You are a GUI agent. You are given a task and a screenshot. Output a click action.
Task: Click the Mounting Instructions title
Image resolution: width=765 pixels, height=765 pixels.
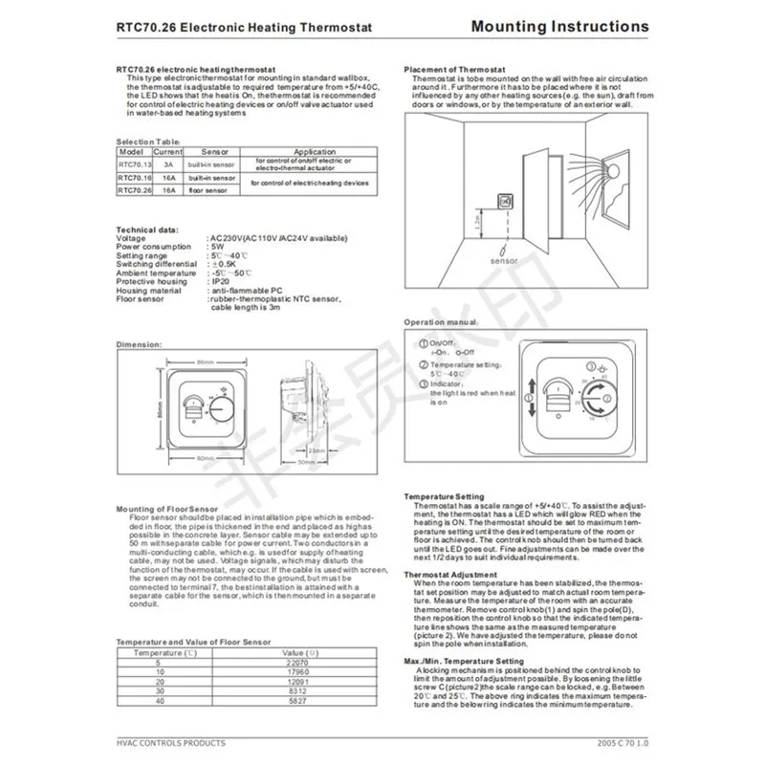tap(559, 27)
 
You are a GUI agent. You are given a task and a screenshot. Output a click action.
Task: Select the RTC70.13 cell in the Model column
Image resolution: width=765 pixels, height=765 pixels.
tap(134, 164)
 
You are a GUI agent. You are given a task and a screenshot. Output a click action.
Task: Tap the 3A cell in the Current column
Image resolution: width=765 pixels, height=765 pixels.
tap(167, 164)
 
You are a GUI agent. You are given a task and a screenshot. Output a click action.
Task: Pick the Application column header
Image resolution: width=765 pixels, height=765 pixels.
tap(314, 151)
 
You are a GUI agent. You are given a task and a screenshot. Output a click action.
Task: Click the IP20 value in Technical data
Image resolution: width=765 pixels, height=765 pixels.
tap(218, 282)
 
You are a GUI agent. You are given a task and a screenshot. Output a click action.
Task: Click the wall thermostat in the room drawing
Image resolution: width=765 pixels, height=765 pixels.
tap(506, 199)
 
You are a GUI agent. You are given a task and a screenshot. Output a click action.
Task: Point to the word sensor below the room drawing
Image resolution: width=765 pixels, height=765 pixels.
tap(503, 261)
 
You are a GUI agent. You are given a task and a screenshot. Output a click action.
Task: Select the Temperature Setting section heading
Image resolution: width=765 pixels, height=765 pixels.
tap(444, 496)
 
